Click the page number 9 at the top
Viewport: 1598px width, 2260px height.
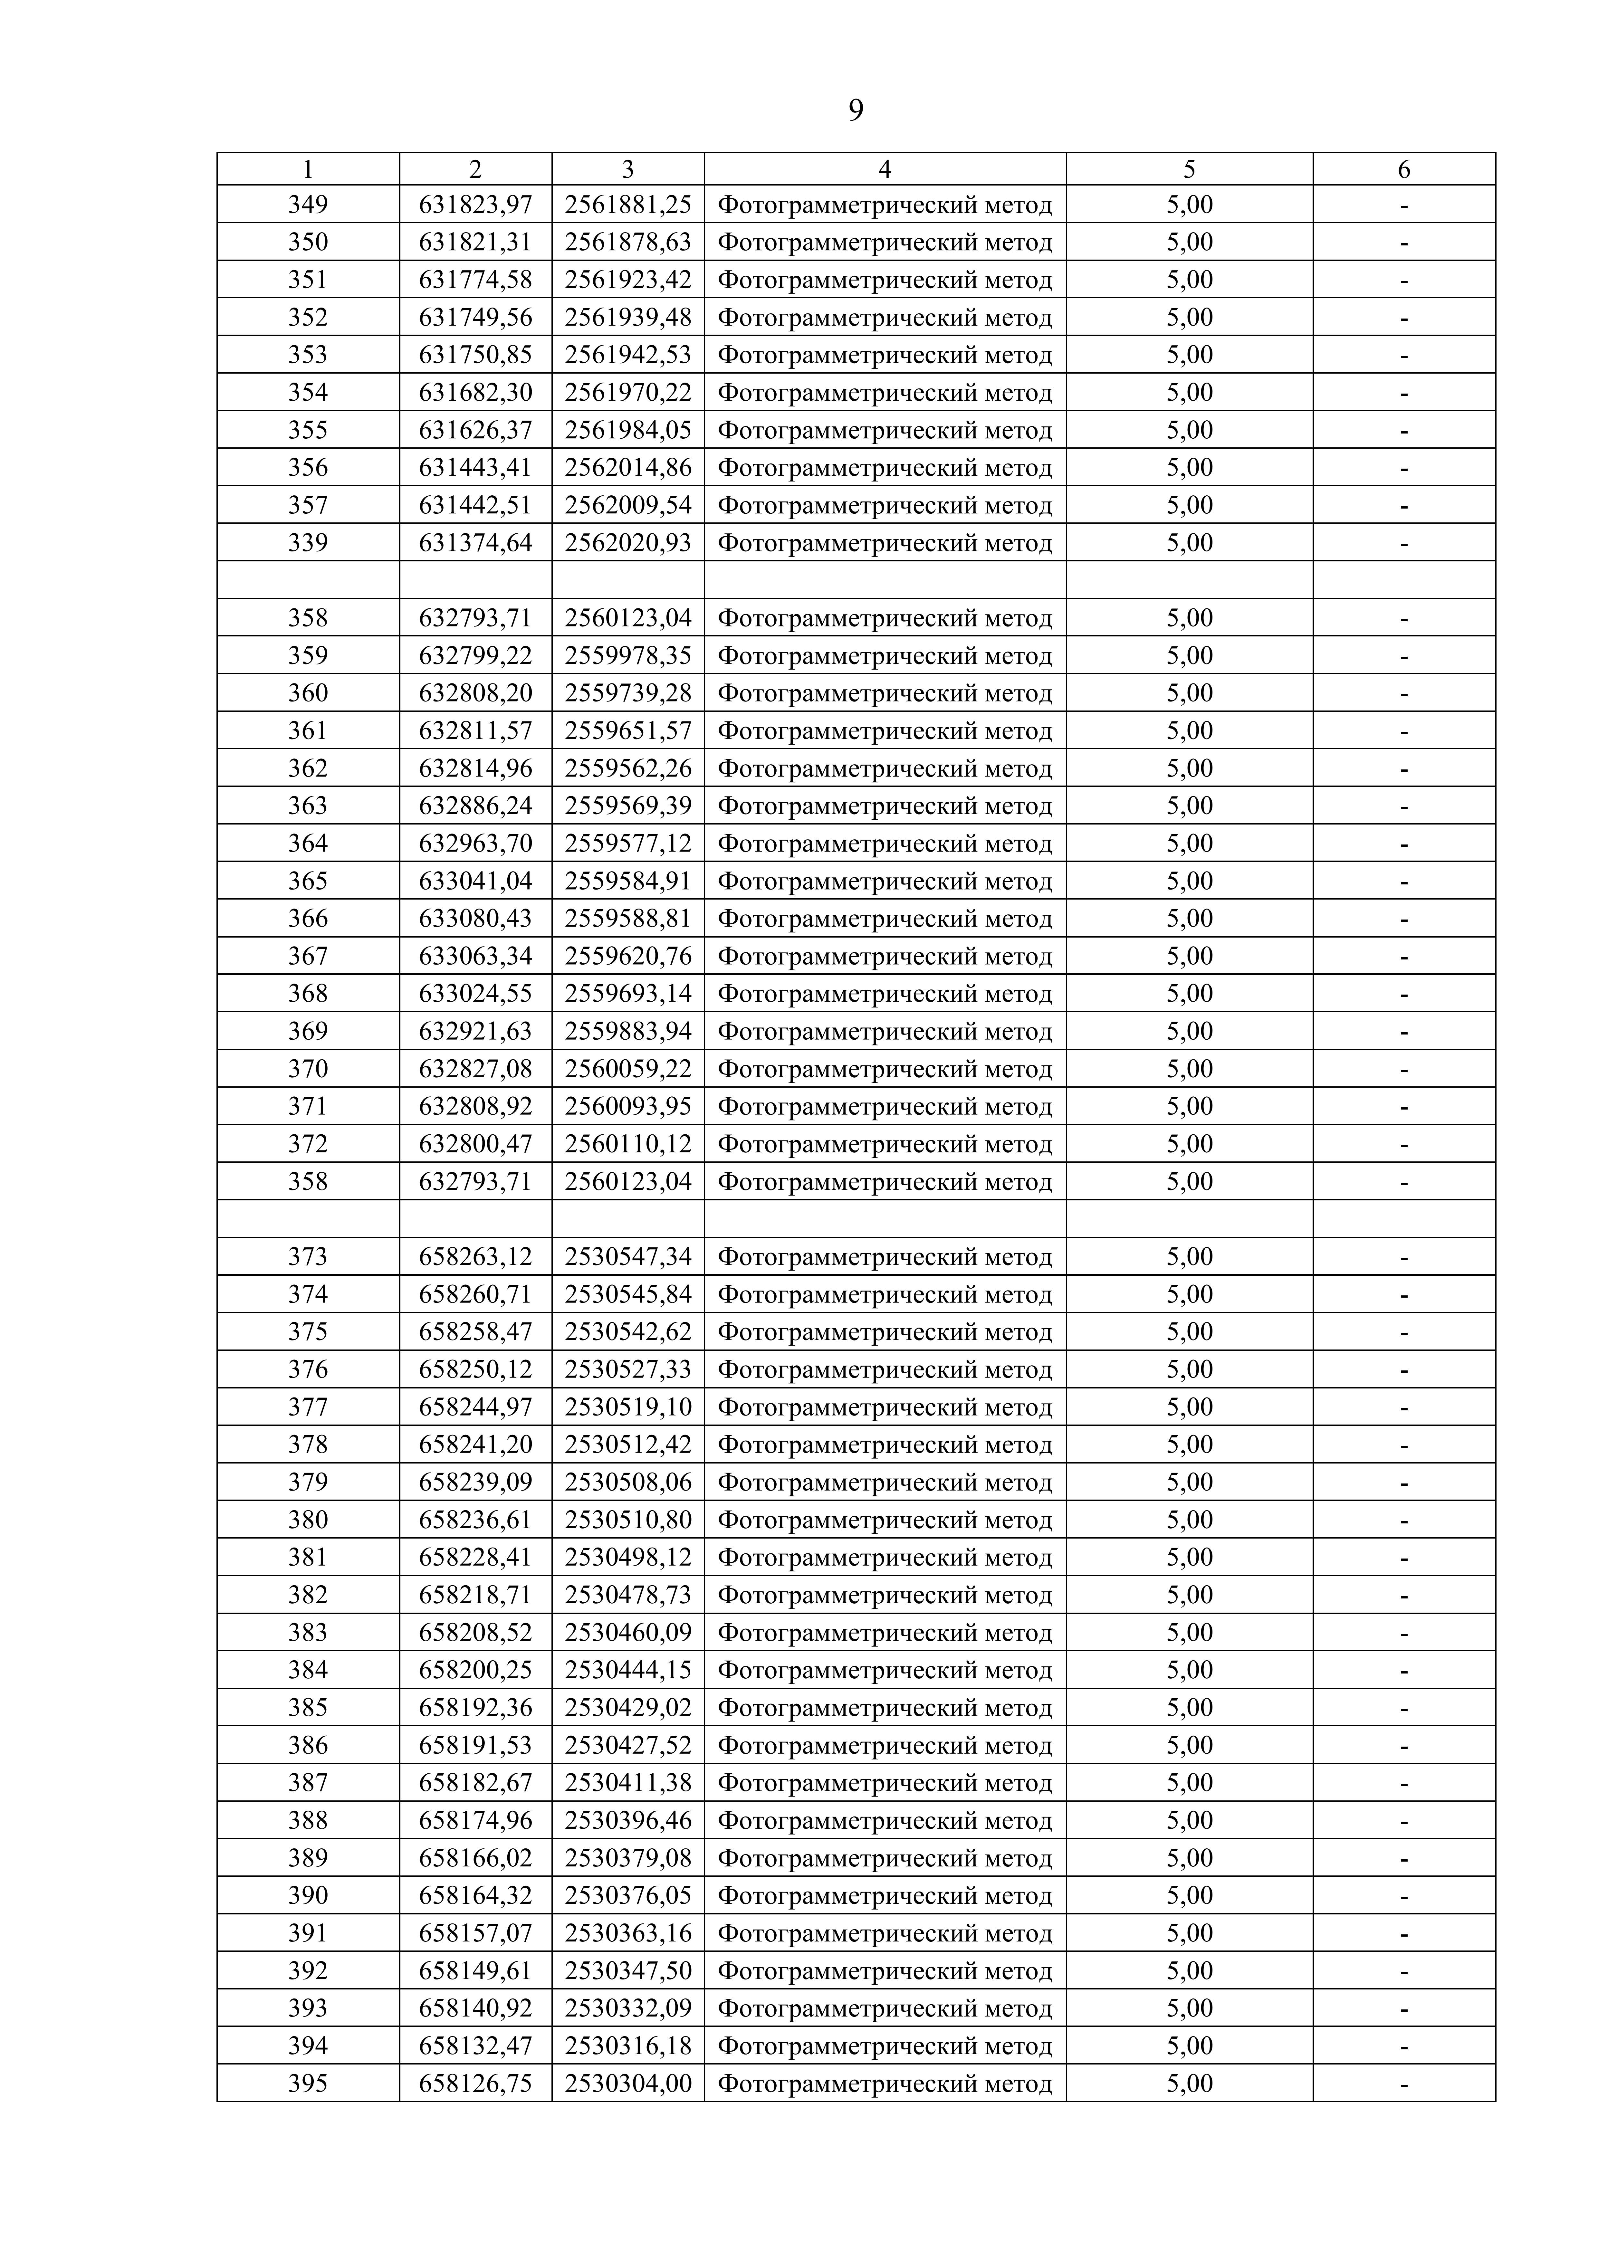856,110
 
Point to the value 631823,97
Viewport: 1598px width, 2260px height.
475,205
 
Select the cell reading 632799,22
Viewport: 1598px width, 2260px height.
475,655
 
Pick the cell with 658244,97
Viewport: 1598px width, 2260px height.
475,1407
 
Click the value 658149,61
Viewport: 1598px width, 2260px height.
475,1970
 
